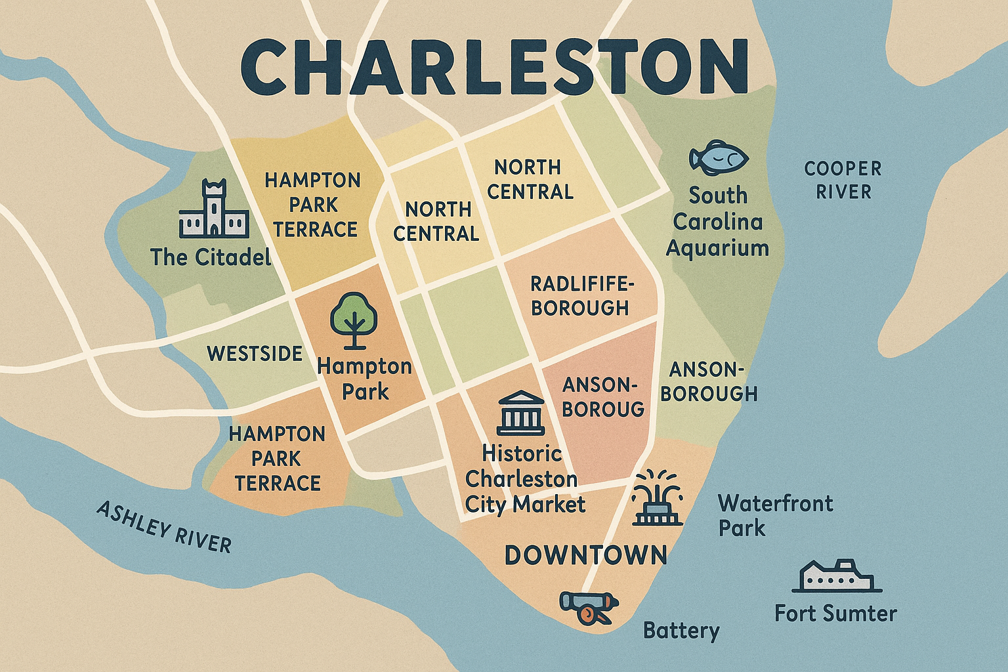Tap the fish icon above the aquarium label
tap(718, 157)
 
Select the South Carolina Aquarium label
tap(717, 222)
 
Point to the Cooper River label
tap(843, 180)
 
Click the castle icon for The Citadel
tap(214, 209)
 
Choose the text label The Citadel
tap(211, 257)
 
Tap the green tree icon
tap(354, 320)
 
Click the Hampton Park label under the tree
tap(364, 379)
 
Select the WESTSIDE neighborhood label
tap(255, 354)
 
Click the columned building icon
tap(520, 413)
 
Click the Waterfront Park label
tap(774, 516)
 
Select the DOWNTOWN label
tap(585, 556)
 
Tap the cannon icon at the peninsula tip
tap(588, 606)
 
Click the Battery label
tap(681, 631)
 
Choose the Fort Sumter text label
tap(835, 614)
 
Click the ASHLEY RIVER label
tap(164, 527)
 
